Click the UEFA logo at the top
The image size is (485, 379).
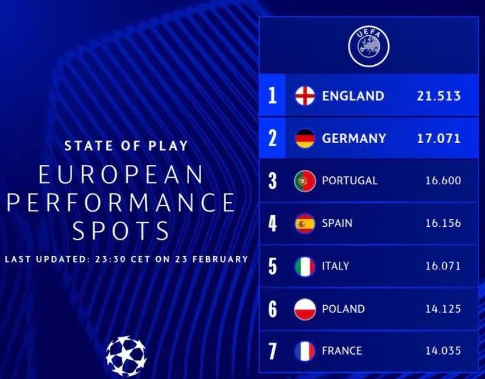[369, 46]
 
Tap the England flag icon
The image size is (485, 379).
[305, 96]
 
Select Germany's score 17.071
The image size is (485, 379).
[438, 138]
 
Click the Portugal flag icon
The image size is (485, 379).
[305, 181]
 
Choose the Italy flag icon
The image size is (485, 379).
[305, 266]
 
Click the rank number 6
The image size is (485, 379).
[273, 309]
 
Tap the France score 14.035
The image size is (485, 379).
[443, 351]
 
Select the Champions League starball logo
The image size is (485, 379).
[126, 356]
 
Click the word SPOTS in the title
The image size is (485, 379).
[121, 231]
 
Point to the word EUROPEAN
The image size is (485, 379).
[121, 175]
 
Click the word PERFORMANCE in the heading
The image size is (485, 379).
[121, 203]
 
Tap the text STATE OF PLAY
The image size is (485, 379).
[126, 146]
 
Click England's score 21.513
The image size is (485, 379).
[438, 96]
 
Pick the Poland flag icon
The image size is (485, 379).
[305, 309]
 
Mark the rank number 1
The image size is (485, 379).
[273, 96]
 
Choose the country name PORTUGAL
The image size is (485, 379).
[350, 181]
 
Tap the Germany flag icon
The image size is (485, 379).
[305, 138]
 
